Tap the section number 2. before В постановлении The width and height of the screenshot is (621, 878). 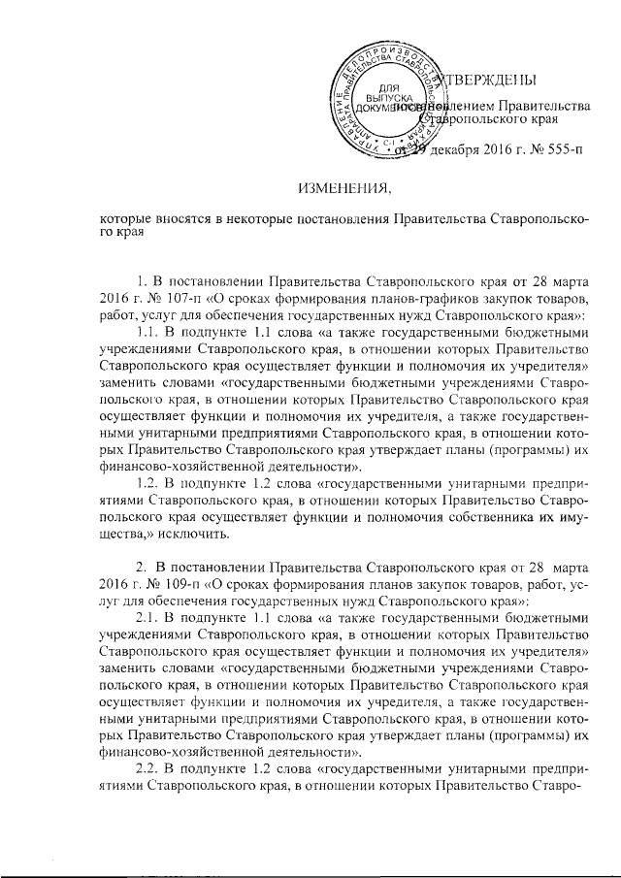tap(143, 569)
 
